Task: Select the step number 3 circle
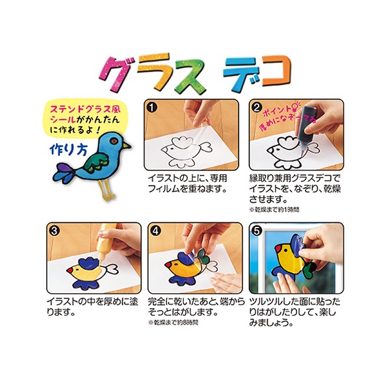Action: pyautogui.click(x=54, y=230)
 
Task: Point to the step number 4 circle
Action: pyautogui.click(x=155, y=230)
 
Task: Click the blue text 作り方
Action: pyautogui.click(x=66, y=148)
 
